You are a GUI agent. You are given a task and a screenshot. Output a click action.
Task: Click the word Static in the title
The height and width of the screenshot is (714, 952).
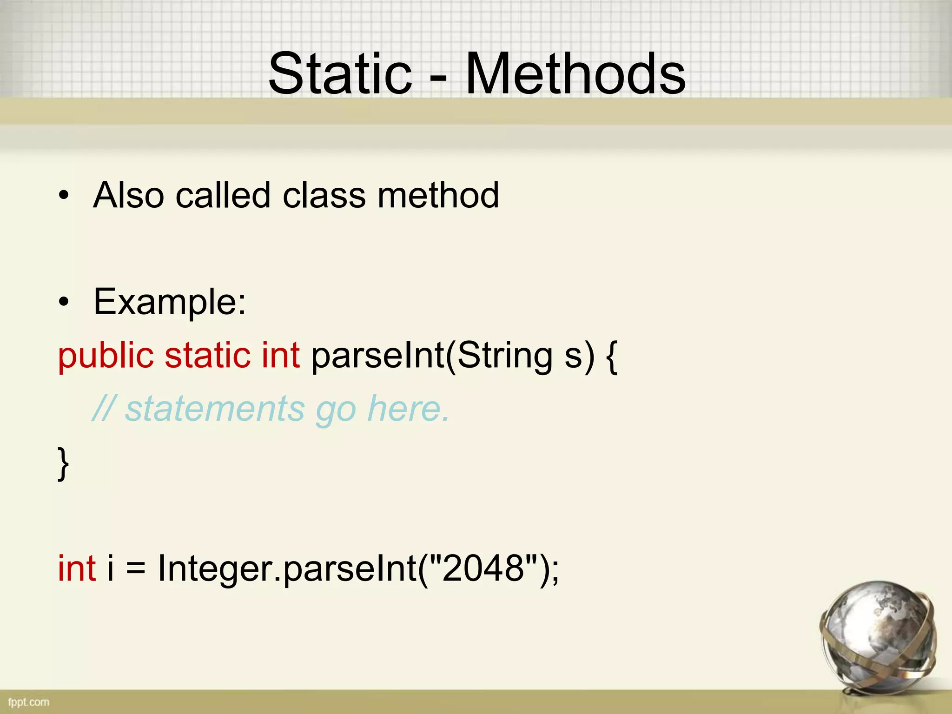point(340,73)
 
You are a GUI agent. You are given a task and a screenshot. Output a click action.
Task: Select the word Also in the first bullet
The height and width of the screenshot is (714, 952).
point(128,195)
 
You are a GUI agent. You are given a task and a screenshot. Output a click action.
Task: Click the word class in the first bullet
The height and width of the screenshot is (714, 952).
point(324,195)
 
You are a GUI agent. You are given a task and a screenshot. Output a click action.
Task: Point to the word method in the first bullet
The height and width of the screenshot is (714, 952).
point(438,195)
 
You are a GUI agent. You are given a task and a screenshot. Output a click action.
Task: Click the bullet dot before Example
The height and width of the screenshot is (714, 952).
point(64,303)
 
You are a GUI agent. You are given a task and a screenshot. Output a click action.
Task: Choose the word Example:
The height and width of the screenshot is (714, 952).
point(170,302)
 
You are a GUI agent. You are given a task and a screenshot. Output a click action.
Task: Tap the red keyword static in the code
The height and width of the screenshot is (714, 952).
point(207,355)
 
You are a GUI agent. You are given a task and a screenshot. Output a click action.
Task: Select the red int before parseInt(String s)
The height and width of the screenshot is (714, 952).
point(280,355)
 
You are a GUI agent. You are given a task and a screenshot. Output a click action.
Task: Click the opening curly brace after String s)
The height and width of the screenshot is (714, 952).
point(612,357)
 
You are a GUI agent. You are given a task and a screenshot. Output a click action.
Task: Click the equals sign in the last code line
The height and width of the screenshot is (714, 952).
point(135,569)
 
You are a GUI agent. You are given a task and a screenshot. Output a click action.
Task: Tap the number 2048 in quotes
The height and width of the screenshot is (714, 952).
point(483,568)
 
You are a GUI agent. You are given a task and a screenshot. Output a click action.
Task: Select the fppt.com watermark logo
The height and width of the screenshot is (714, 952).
point(28,702)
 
